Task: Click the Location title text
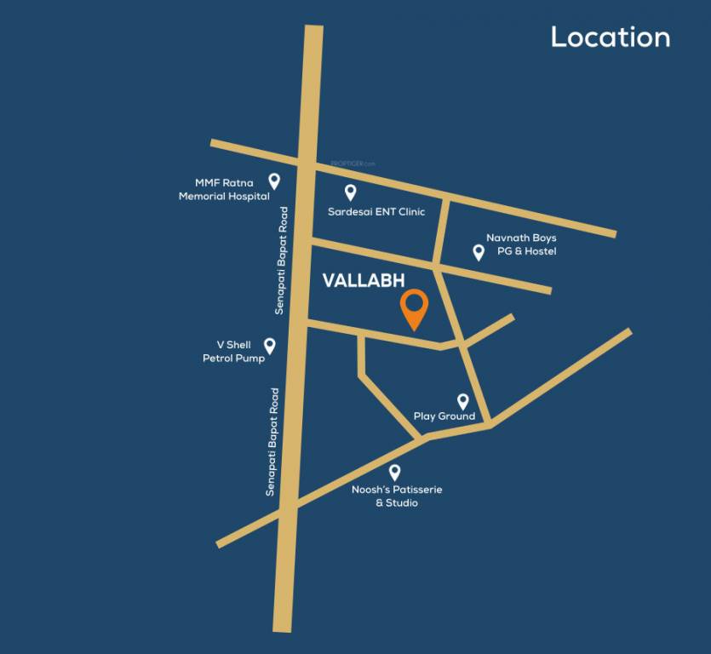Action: point(610,37)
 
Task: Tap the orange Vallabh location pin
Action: point(415,308)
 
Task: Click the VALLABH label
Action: point(363,281)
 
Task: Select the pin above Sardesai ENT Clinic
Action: point(350,192)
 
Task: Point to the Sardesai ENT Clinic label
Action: point(376,211)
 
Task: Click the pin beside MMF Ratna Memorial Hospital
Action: point(274,181)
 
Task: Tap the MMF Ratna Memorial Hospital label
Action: point(224,189)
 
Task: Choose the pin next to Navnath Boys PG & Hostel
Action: point(479,251)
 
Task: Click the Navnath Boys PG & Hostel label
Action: point(521,244)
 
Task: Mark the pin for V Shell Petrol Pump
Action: point(270,345)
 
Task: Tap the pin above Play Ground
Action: point(463,400)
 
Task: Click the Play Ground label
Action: point(444,416)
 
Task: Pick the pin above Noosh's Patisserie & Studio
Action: point(394,472)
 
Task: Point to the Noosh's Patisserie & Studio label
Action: point(397,496)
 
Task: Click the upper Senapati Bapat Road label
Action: point(279,261)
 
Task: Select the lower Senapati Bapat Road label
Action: point(272,442)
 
